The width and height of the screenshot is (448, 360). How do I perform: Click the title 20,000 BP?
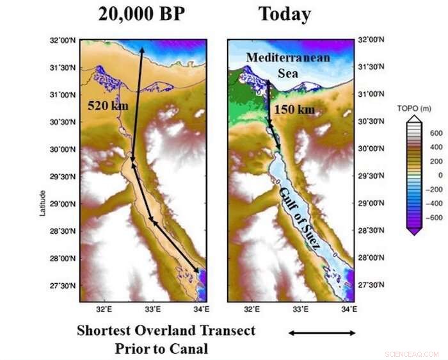tap(141, 14)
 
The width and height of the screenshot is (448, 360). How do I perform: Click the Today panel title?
tap(284, 14)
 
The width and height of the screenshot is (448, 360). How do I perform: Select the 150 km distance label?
tap(294, 110)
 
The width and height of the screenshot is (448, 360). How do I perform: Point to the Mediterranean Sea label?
tap(288, 63)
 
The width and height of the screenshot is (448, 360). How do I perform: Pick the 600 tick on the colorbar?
tap(435, 133)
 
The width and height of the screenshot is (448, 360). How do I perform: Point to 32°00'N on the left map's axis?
tap(63, 41)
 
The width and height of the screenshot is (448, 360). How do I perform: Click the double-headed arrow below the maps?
tap(322, 332)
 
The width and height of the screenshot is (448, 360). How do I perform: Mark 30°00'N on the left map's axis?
tap(63, 150)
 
